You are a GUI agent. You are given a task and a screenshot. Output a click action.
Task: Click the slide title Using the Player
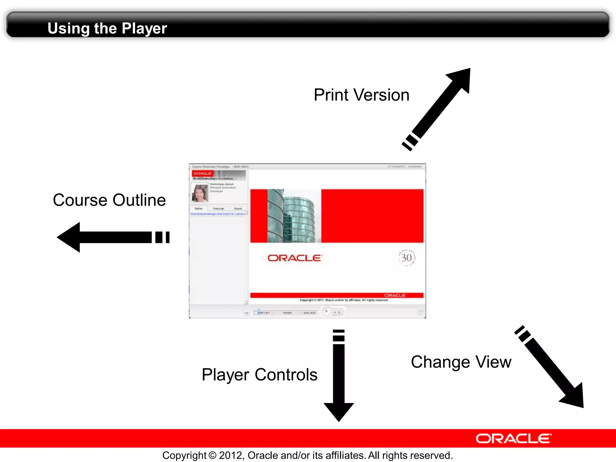[x=107, y=29]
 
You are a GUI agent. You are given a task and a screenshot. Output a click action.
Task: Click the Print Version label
[x=361, y=95]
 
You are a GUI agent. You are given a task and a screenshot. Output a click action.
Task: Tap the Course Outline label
[x=109, y=200]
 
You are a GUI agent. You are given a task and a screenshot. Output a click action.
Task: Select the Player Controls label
[x=259, y=375]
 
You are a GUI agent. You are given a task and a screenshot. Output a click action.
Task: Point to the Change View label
[x=461, y=362]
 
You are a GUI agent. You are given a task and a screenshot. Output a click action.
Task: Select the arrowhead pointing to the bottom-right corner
[x=574, y=396]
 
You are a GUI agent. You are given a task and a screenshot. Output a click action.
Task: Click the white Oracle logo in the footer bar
[x=513, y=439]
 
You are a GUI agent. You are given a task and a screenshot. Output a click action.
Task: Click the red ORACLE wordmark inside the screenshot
[x=294, y=258]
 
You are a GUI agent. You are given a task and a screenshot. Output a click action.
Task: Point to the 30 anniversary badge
[x=407, y=258]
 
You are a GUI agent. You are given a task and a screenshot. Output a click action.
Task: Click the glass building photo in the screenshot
[x=291, y=216]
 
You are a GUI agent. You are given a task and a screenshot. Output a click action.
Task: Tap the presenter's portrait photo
[x=200, y=193]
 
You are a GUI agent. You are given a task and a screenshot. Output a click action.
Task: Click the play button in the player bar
[x=326, y=311]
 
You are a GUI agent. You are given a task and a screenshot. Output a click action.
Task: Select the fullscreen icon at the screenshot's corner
[x=420, y=313]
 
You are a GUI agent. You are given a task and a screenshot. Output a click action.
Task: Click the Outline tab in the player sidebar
[x=199, y=208]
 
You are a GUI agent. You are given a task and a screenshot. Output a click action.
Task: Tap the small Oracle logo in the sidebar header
[x=202, y=174]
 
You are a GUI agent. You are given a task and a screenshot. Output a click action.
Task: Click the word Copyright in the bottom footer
[x=184, y=455]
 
